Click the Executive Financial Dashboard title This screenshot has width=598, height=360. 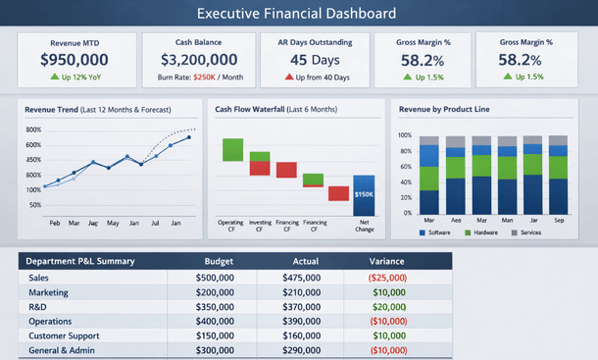point(296,14)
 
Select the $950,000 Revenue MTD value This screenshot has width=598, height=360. point(75,60)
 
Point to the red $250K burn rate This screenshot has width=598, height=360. point(205,77)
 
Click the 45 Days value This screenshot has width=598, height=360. point(316,60)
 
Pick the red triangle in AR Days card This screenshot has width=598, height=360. point(290,77)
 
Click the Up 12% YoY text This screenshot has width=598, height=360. point(79,77)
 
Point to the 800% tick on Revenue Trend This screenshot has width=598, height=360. point(32,129)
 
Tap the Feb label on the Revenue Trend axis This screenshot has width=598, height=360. point(55,224)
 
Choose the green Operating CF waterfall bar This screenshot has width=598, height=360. point(232,149)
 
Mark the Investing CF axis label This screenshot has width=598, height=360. point(259,227)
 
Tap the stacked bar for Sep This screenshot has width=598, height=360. point(558,175)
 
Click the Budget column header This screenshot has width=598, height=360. point(218,261)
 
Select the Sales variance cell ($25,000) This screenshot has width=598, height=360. point(387,278)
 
